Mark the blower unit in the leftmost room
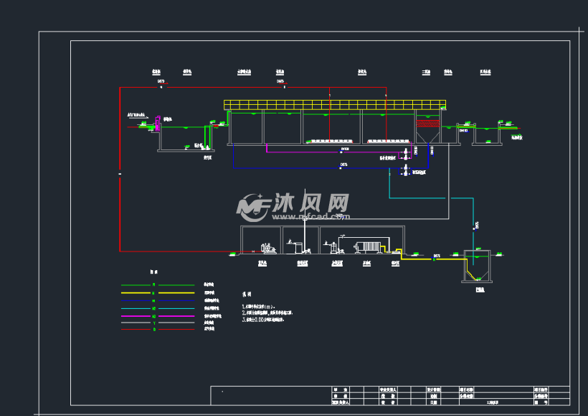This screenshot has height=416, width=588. [267, 248]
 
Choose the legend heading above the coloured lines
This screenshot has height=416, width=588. [153, 273]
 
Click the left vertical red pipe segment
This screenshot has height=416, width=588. [119, 172]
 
